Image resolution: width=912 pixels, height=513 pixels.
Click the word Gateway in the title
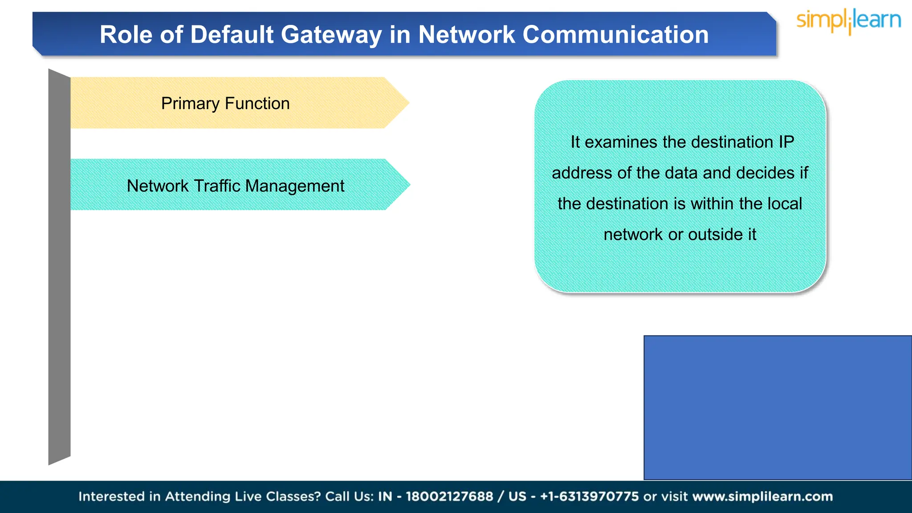331,35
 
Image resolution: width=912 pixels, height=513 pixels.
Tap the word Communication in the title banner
615,35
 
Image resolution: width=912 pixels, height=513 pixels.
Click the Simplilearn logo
848,21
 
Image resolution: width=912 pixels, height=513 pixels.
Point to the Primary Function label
225,103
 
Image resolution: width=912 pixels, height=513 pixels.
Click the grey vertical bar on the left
59,267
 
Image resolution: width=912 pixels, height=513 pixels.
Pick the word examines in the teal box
621,142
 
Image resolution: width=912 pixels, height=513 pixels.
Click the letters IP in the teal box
786,142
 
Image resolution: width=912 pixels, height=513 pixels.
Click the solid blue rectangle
778,407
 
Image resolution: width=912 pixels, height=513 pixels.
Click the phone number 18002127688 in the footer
449,497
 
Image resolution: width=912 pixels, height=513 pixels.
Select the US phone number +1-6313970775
589,497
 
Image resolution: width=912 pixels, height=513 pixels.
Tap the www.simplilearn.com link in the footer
762,497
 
